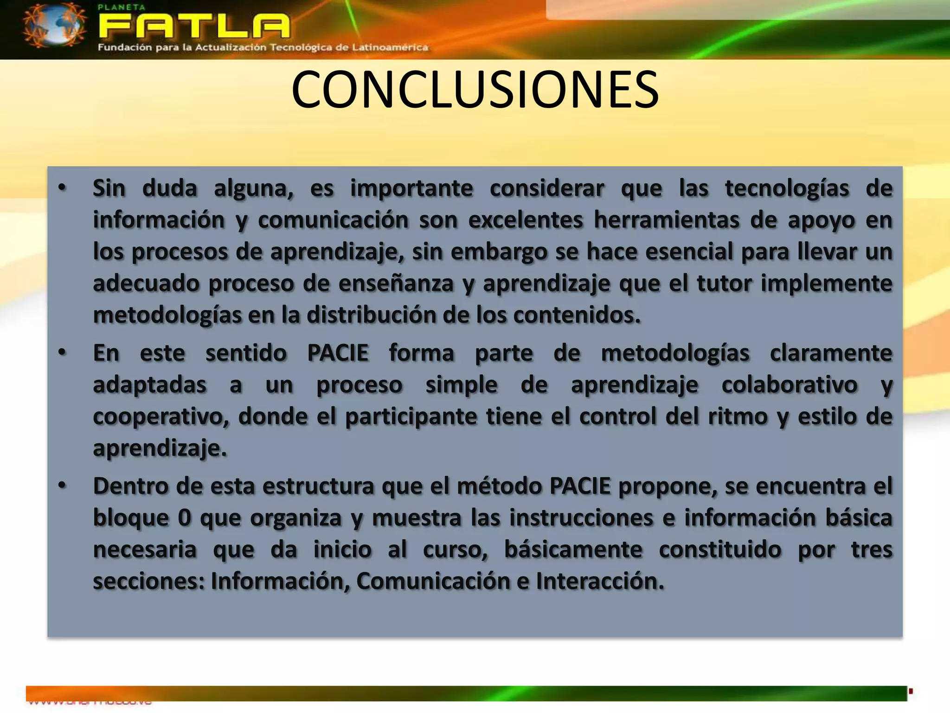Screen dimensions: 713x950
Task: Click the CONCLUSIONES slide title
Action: [475, 90]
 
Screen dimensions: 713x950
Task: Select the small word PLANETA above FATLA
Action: [116, 7]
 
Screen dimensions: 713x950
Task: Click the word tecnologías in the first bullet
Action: [787, 189]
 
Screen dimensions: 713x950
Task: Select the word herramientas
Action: [667, 220]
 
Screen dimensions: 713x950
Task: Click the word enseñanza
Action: [396, 284]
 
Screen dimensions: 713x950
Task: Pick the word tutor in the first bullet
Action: [724, 284]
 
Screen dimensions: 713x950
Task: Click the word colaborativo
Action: [790, 385]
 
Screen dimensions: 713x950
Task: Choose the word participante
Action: [411, 416]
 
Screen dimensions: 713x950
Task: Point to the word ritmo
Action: [738, 416]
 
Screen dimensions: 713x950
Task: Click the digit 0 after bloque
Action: [184, 518]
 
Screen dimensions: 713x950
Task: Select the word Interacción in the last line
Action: [600, 581]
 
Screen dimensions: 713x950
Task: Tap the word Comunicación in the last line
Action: [433, 581]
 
